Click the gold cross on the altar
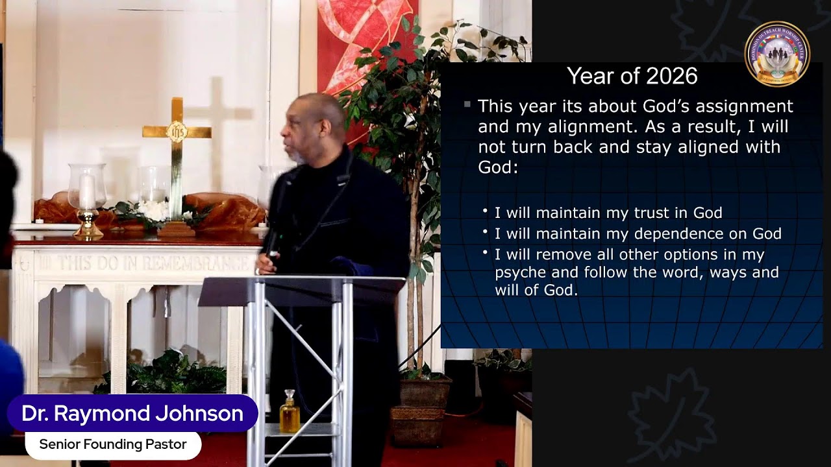[177, 149]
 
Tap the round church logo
[777, 54]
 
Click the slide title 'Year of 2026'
[632, 77]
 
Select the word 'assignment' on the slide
[747, 106]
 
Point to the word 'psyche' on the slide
[523, 272]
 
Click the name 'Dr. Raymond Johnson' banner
[132, 413]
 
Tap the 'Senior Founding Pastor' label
[113, 445]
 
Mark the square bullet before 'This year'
[467, 104]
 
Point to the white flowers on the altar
[153, 210]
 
